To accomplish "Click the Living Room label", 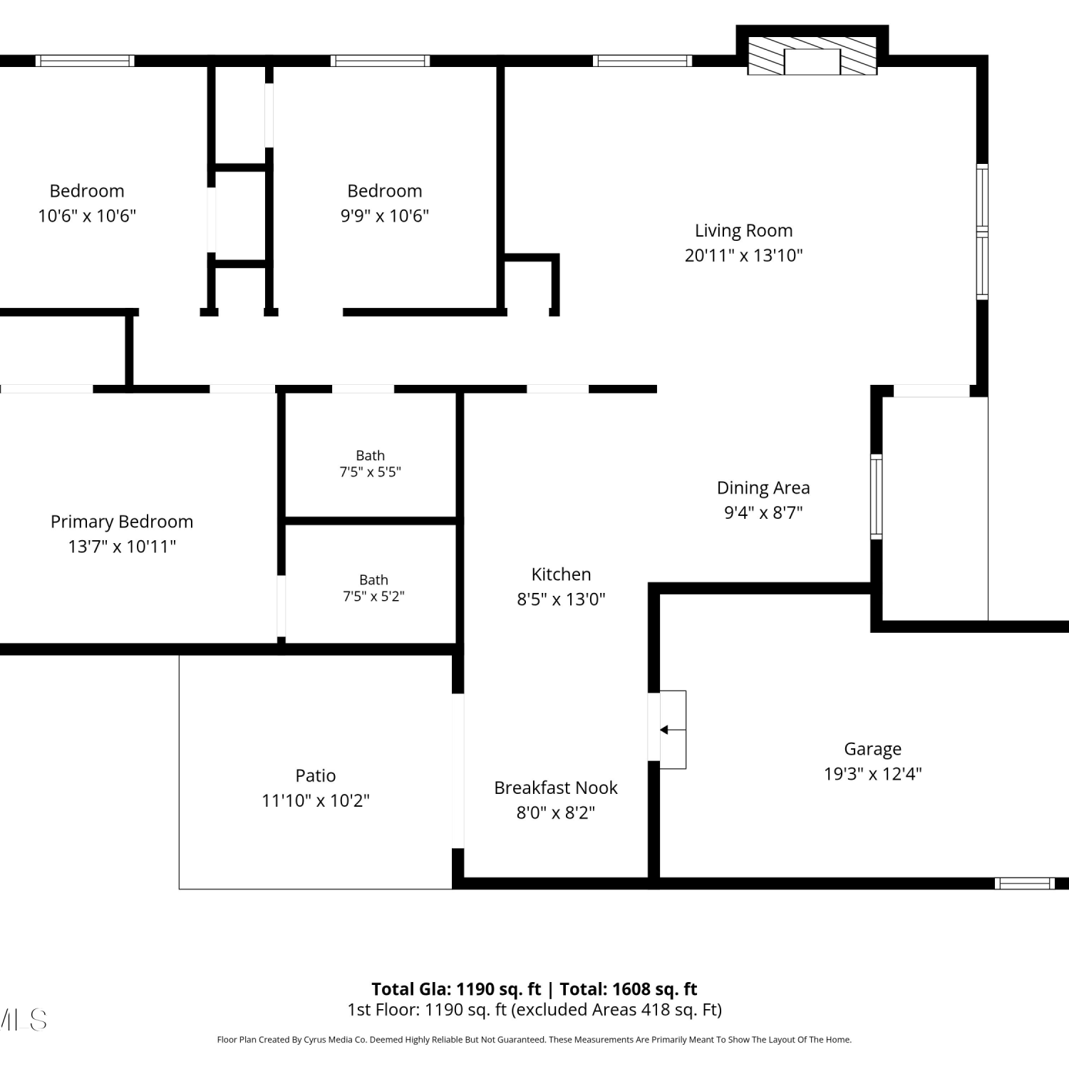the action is point(743,231).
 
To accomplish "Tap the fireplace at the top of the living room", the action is point(812,56).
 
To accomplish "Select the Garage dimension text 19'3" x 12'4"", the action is point(872,774).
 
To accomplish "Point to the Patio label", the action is point(316,775).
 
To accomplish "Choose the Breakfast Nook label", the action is point(556,787).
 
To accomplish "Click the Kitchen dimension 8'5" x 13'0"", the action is point(561,599).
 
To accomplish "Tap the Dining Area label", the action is point(763,488).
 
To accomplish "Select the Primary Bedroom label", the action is point(122,522).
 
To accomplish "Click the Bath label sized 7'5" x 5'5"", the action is point(371,455).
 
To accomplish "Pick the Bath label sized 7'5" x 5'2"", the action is point(373,580).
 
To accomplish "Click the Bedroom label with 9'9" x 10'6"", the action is point(385,191).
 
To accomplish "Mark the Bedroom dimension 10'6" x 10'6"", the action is point(87,216).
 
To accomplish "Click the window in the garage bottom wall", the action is point(1025,884).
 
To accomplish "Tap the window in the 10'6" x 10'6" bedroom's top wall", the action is point(85,61).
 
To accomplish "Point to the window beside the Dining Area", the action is point(877,496).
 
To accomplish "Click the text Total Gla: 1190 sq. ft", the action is point(456,989).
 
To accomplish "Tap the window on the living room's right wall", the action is point(982,232).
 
